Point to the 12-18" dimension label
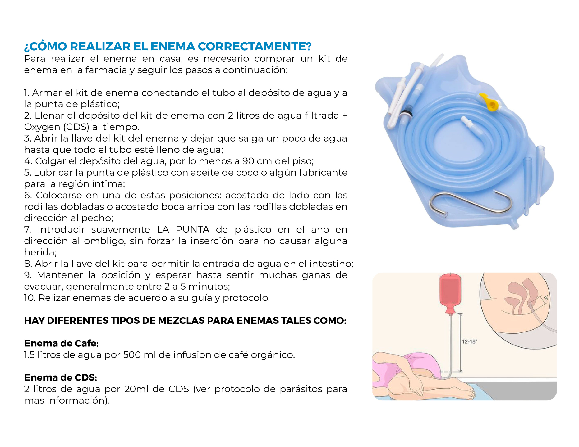point(469,341)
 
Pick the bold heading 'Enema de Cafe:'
point(61,343)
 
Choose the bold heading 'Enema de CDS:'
point(61,377)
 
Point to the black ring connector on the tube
point(407,111)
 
